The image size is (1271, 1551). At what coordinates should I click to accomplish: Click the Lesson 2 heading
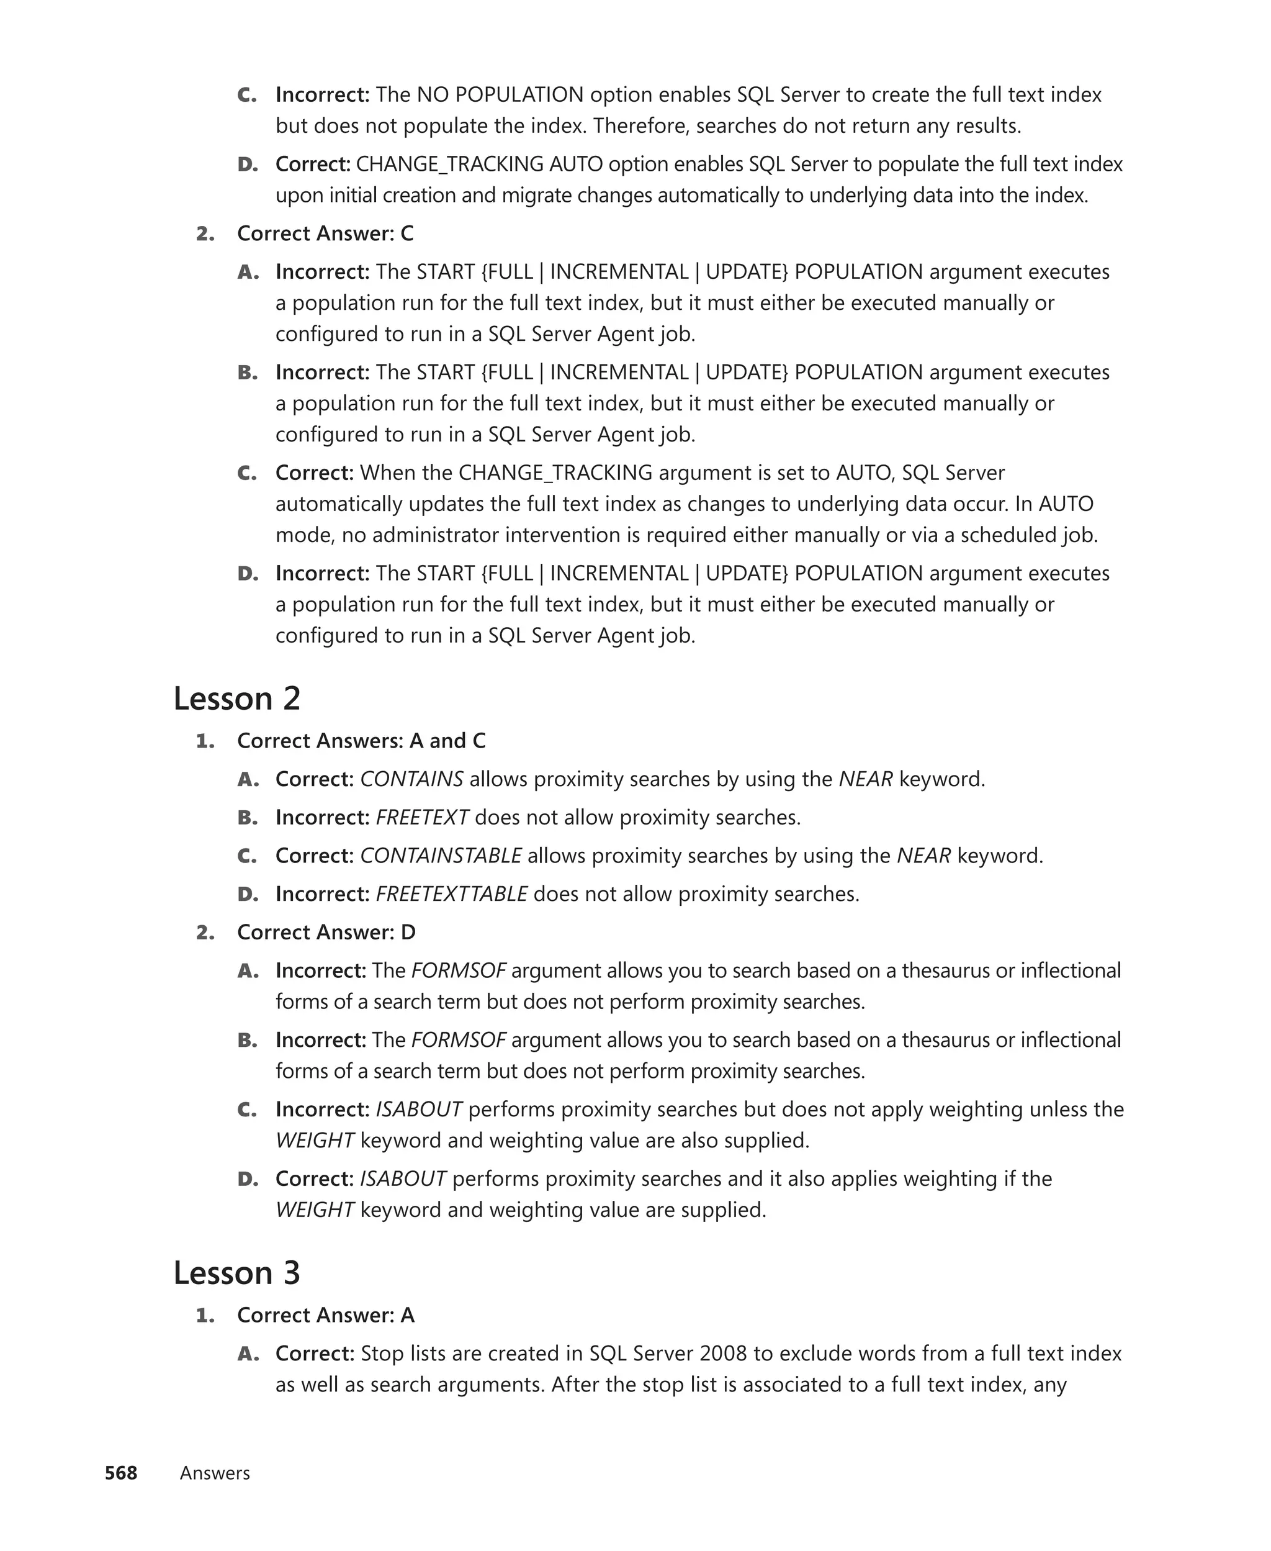pyautogui.click(x=236, y=698)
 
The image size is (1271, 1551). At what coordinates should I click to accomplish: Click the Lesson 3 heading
pyautogui.click(x=236, y=1272)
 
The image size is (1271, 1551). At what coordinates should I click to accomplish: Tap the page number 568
pyautogui.click(x=121, y=1473)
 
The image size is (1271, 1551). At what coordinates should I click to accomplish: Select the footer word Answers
pyautogui.click(x=215, y=1473)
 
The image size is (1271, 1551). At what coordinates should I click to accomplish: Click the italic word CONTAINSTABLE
pyautogui.click(x=441, y=856)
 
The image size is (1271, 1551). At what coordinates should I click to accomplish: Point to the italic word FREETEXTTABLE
pyautogui.click(x=452, y=893)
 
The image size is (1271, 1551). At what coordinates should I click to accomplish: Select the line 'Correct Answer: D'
pyautogui.click(x=326, y=932)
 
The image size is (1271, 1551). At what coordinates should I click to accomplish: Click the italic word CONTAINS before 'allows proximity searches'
pyautogui.click(x=411, y=779)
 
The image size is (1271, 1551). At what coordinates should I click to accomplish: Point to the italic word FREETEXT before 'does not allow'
pyautogui.click(x=423, y=817)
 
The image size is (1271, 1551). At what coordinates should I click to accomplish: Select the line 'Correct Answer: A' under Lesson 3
pyautogui.click(x=326, y=1315)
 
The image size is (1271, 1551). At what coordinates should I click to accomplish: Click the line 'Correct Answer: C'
pyautogui.click(x=325, y=233)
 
